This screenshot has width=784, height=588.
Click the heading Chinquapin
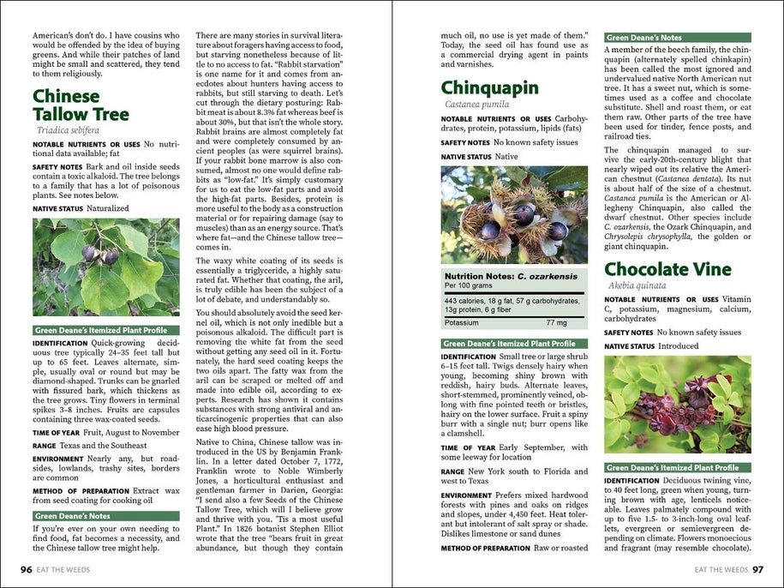pos(489,87)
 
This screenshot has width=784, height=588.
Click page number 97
pos(757,568)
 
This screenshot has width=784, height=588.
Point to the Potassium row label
pos(461,323)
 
